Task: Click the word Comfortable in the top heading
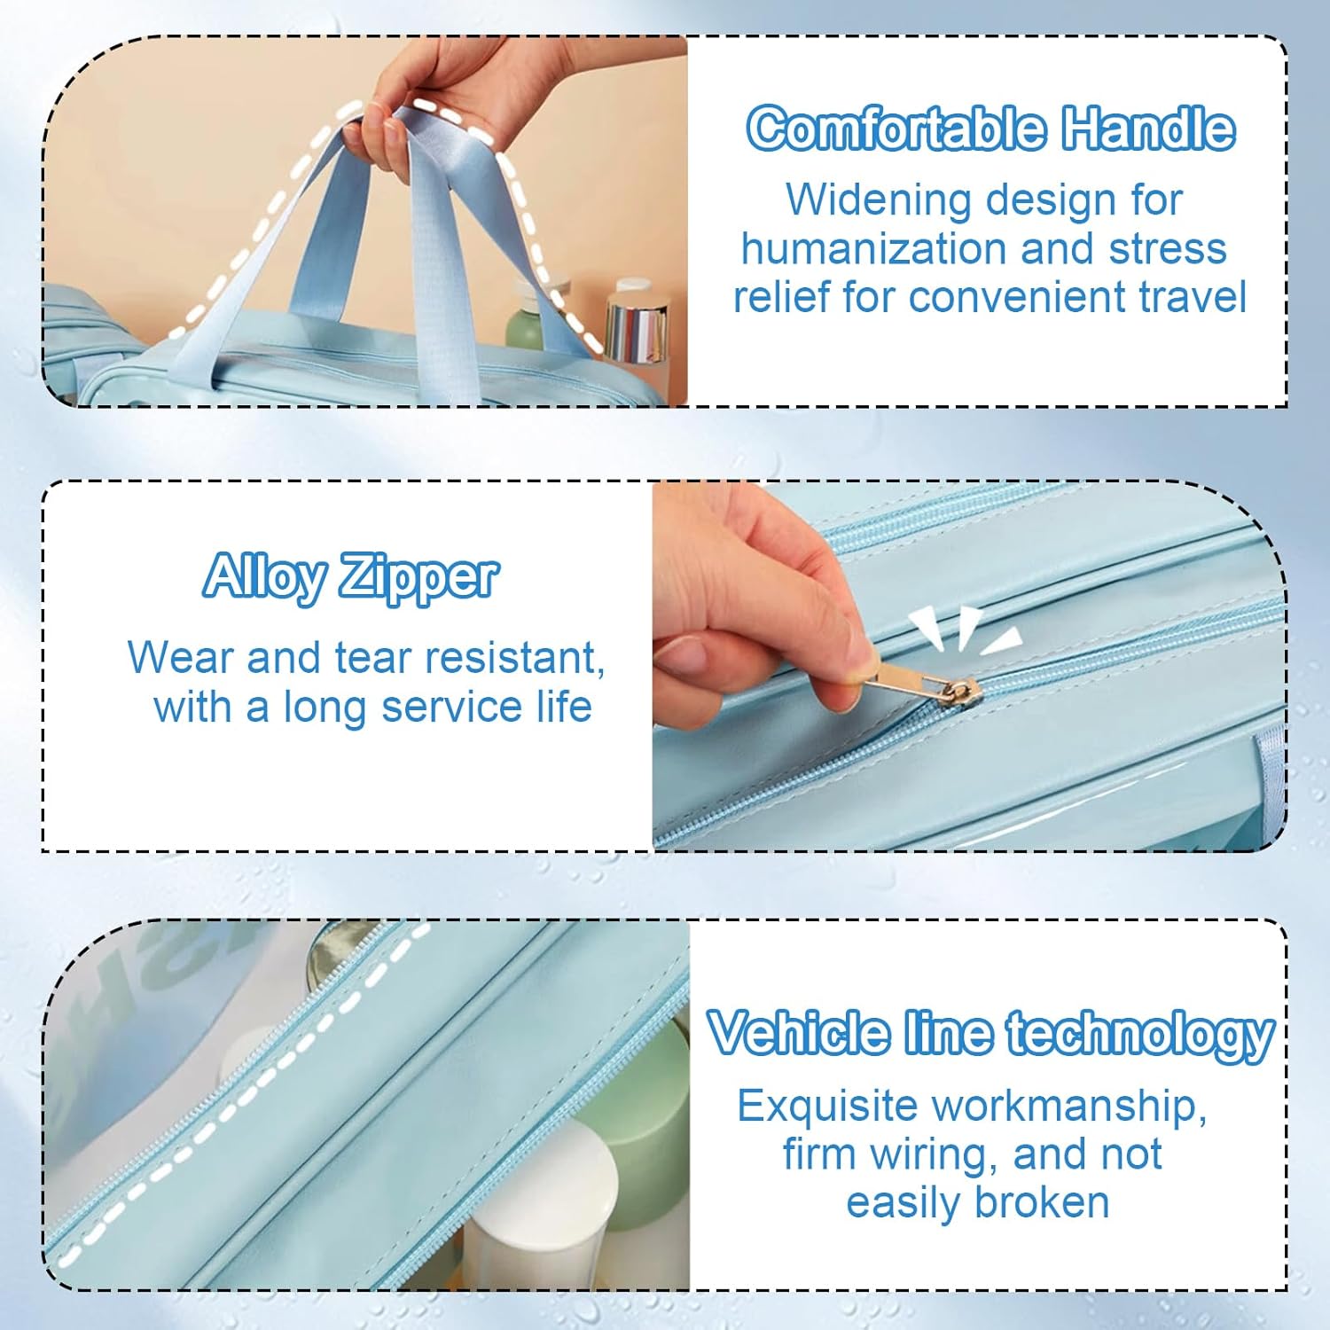[896, 128]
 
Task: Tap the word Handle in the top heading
[1149, 128]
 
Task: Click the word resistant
[514, 659]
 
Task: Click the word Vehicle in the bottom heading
[799, 1034]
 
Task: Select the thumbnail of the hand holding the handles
[365, 222]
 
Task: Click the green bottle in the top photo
[525, 321]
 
